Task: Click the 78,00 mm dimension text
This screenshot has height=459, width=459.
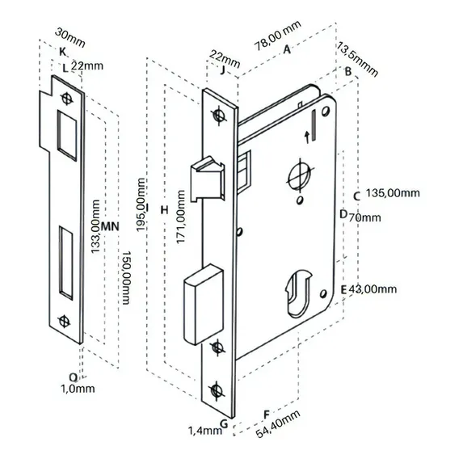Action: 277,36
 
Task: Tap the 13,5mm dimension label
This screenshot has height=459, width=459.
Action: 357,60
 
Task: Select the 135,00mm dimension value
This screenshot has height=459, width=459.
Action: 393,193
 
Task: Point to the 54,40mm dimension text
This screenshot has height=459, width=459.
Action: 278,423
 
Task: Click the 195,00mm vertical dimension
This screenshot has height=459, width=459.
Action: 141,204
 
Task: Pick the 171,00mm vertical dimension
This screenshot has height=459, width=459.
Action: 181,217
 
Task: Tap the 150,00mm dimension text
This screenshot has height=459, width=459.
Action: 126,277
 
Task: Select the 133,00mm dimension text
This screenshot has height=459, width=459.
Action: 95,226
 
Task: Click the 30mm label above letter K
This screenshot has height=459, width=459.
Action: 70,37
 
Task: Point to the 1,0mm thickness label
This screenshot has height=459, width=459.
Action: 78,389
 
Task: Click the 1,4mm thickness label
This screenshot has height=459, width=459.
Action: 204,431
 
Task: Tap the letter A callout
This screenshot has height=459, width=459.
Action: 287,49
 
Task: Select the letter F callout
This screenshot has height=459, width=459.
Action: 267,415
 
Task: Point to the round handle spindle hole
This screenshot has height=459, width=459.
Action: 299,175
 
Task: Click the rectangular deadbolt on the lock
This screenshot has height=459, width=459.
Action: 204,304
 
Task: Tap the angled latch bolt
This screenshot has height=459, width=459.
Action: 208,179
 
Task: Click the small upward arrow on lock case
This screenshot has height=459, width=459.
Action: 307,137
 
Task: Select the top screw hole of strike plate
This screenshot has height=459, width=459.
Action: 67,99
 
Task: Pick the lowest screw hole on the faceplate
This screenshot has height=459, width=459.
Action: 217,390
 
